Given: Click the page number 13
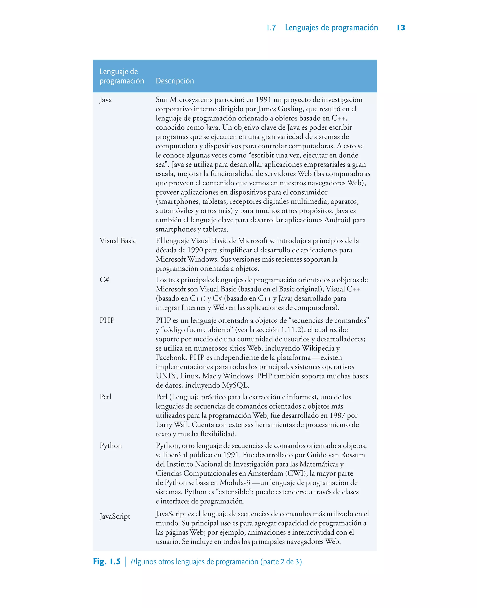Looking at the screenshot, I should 401,28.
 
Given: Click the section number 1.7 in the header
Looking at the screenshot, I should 271,28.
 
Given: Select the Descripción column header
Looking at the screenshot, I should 175,81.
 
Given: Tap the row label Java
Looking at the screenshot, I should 106,100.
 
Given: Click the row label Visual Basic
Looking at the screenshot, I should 118,240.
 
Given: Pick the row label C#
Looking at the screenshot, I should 104,280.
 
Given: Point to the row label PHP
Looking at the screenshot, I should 107,320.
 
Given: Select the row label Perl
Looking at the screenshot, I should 105,397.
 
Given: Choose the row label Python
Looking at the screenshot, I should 111,446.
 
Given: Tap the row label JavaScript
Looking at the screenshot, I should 115,516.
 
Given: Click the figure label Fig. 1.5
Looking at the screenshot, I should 106,561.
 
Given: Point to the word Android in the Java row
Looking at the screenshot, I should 337,220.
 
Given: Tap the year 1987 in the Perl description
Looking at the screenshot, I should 337,415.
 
